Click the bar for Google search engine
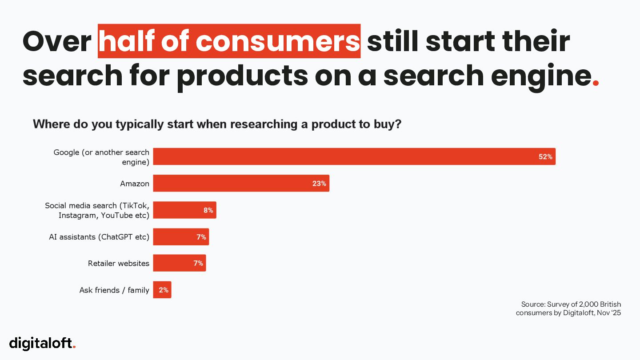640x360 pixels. [x=354, y=156]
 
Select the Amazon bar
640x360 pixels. [x=241, y=183]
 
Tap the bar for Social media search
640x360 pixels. [x=184, y=210]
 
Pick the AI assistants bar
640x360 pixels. [x=181, y=237]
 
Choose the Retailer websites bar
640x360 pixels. [x=179, y=263]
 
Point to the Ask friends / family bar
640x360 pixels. [x=162, y=290]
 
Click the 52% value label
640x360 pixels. [x=545, y=156]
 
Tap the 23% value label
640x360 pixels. [x=319, y=183]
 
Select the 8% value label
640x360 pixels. [x=208, y=210]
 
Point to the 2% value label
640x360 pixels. [x=164, y=290]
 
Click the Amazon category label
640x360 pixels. [x=135, y=184]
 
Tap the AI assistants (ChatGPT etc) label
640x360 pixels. [x=99, y=237]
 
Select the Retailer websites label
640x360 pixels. [x=119, y=264]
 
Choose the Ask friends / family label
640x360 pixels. [x=114, y=290]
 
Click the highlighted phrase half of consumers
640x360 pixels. [x=229, y=41]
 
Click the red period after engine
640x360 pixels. [x=596, y=83]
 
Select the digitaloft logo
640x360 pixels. [x=43, y=343]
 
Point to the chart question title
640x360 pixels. [x=217, y=124]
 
